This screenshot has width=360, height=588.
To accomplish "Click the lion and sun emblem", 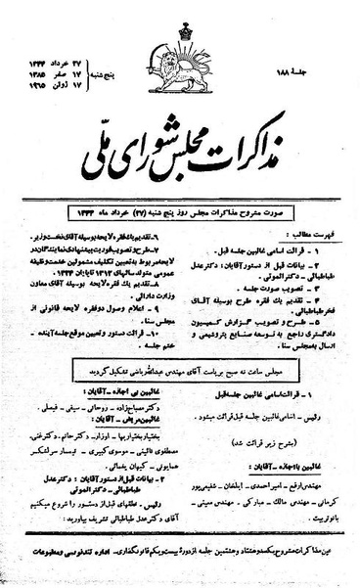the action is point(180,57).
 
